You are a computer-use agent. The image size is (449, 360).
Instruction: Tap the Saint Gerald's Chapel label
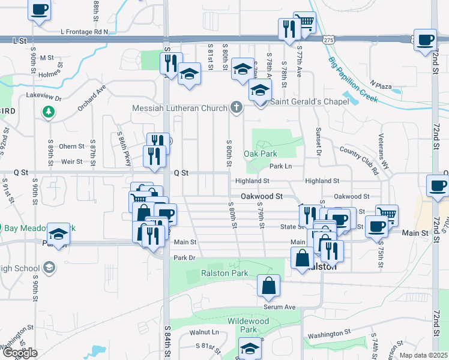[309, 101]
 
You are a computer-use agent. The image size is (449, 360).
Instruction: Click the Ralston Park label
[215, 273]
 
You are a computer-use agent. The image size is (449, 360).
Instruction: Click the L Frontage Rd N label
[84, 31]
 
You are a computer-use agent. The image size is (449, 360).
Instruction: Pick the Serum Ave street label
[280, 307]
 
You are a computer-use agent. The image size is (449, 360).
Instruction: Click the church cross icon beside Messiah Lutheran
[237, 107]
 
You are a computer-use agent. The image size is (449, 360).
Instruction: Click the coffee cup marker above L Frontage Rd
[40, 10]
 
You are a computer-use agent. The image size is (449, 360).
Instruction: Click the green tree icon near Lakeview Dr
[48, 112]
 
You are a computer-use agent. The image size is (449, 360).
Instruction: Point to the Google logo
[20, 353]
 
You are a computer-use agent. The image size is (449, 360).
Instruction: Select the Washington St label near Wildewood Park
[329, 334]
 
